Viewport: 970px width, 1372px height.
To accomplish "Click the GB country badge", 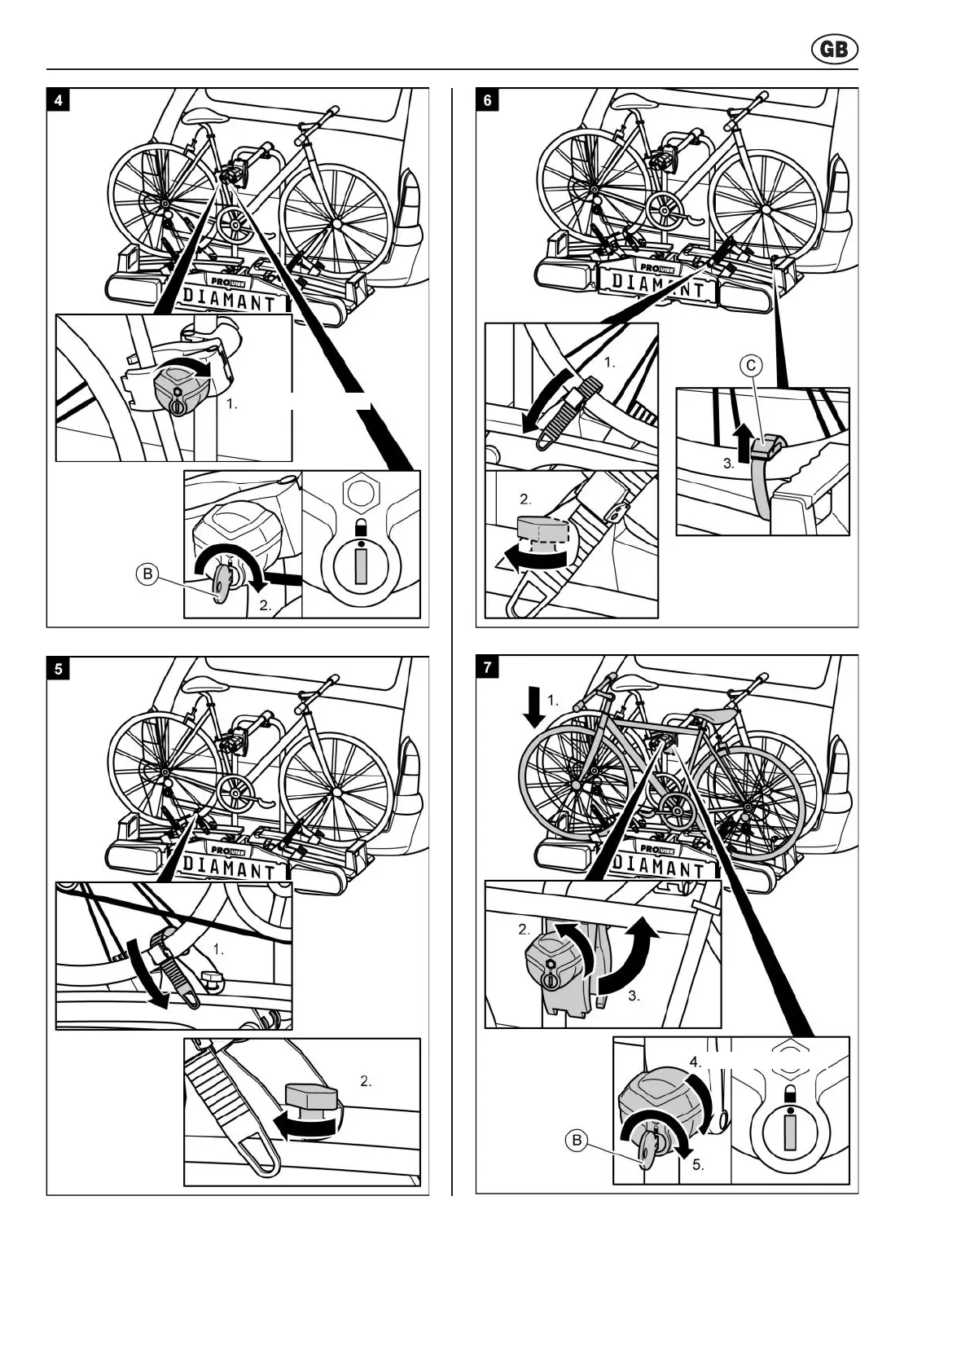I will [835, 50].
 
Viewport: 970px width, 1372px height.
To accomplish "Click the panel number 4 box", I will [59, 100].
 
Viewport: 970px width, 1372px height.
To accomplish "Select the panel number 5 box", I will [59, 669].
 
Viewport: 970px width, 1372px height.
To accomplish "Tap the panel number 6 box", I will [488, 100].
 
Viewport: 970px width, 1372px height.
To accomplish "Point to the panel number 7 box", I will [488, 668].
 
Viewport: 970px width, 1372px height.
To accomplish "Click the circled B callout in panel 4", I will [147, 574].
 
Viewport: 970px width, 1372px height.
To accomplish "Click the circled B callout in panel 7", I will [577, 1140].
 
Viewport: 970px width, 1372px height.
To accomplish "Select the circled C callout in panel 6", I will [751, 366].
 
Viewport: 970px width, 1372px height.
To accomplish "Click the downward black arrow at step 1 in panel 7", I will [533, 706].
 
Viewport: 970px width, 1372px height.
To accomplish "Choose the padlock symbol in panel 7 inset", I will [789, 1094].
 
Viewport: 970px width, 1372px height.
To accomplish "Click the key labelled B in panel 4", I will [221, 586].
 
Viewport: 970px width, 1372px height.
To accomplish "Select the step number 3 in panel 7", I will [634, 996].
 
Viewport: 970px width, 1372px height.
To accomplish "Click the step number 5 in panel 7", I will [698, 1164].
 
